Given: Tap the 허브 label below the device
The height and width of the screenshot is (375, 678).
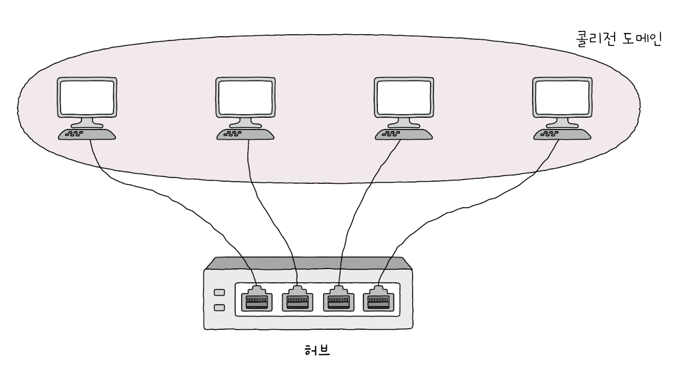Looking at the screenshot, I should tap(317, 350).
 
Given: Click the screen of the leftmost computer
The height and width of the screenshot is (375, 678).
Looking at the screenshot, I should tap(87, 97).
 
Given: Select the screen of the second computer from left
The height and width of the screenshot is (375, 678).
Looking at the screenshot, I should tap(245, 97).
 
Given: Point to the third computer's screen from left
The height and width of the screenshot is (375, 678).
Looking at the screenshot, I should tap(404, 97).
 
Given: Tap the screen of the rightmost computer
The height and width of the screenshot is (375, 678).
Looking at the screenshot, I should tap(563, 97).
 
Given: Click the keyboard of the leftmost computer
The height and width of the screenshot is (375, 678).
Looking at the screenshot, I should tap(87, 134).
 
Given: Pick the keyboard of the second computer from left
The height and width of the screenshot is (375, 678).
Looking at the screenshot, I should tap(245, 134).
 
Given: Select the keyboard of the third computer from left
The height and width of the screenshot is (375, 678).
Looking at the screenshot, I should tap(404, 134).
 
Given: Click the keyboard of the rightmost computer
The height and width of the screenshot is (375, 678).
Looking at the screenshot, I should tap(563, 134).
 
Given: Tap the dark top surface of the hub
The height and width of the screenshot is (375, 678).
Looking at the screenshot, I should tap(309, 263).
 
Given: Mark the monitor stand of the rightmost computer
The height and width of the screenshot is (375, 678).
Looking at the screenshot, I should tap(563, 123).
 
